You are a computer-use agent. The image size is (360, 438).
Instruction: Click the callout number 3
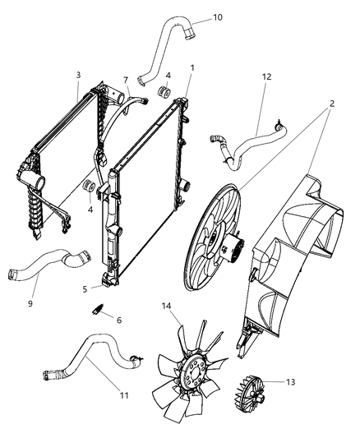point(77,75)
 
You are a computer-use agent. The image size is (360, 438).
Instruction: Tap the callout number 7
point(126,80)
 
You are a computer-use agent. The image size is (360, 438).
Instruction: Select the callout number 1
point(192,67)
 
